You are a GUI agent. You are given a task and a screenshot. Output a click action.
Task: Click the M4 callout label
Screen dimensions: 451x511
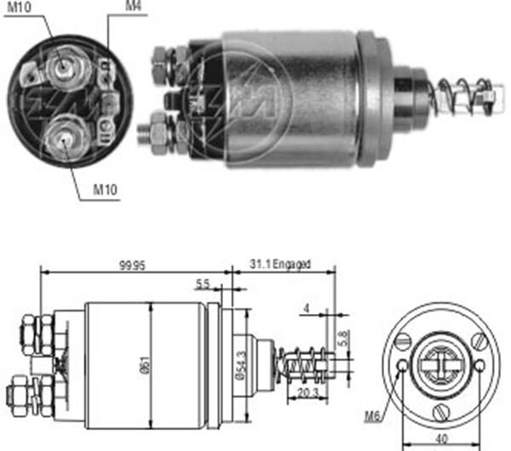pos(133,8)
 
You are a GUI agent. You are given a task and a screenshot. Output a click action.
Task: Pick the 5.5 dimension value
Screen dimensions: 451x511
pos(202,284)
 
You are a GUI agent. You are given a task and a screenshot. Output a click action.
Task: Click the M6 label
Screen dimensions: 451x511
pos(370,415)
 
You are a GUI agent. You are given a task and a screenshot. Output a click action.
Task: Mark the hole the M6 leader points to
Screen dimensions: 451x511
pos(402,367)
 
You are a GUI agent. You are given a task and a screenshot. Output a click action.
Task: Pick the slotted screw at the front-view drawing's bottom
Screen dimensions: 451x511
pos(441,409)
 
